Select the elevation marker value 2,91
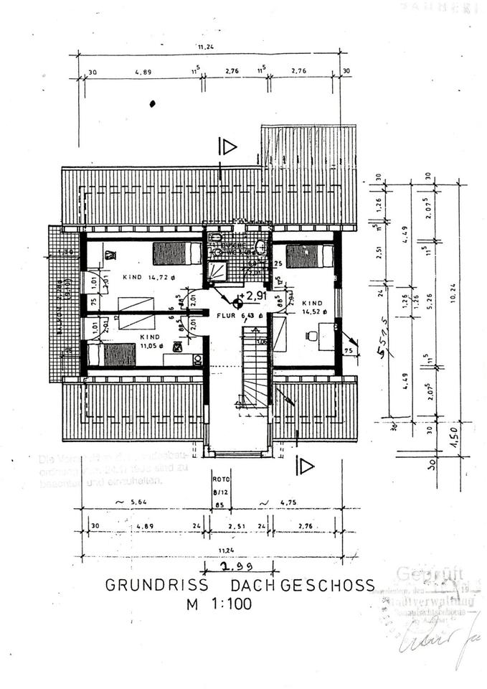click(x=257, y=295)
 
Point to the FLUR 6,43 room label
click(x=227, y=314)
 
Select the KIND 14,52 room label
click(x=315, y=307)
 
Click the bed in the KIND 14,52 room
click(x=310, y=256)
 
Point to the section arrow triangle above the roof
click(x=229, y=147)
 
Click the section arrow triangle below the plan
click(x=306, y=467)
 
